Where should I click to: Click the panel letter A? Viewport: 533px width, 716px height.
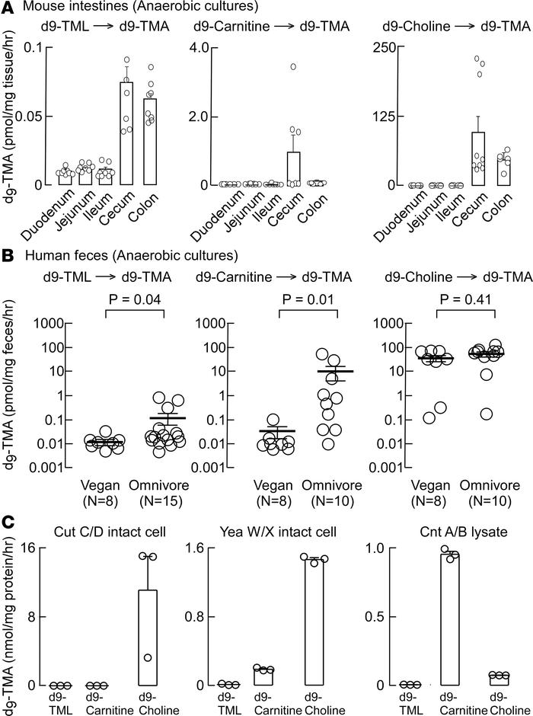pyautogui.click(x=8, y=8)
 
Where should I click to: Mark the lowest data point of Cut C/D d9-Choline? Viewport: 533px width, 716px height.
pyautogui.click(x=148, y=657)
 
